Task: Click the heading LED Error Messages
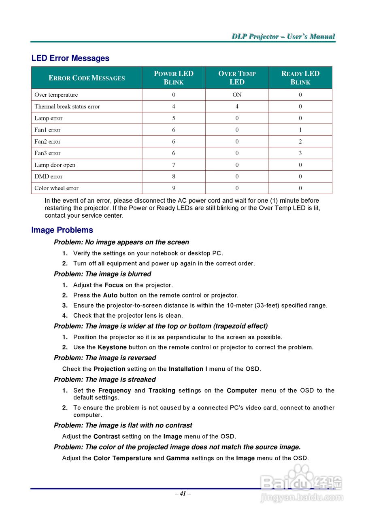pyautogui.click(x=70, y=58)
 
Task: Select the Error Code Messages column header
pyautogui.click(x=87, y=78)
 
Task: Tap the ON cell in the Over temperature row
pyautogui.click(x=237, y=95)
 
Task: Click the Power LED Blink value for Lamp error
pyautogui.click(x=174, y=118)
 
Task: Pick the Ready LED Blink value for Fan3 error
pyautogui.click(x=300, y=153)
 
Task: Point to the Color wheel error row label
pyautogui.click(x=56, y=188)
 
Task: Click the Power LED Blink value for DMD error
pyautogui.click(x=174, y=176)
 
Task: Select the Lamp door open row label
pyautogui.click(x=55, y=165)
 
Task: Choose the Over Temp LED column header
pyautogui.click(x=237, y=78)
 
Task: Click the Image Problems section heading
pyautogui.click(x=62, y=230)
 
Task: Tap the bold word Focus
pyautogui.click(x=114, y=285)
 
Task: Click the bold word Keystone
pyautogui.click(x=112, y=347)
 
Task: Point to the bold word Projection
pyautogui.click(x=109, y=369)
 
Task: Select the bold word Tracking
pyautogui.click(x=162, y=391)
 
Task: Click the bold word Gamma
pyautogui.click(x=178, y=458)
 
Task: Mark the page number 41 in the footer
pyautogui.click(x=183, y=493)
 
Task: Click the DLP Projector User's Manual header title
pyautogui.click(x=283, y=36)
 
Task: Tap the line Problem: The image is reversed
pyautogui.click(x=105, y=358)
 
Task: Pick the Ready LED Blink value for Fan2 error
pyautogui.click(x=300, y=142)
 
